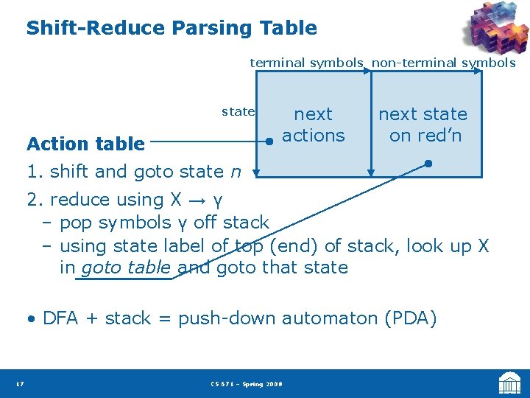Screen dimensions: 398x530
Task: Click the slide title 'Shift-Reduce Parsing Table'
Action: (172, 29)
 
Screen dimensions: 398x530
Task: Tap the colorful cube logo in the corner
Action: (495, 29)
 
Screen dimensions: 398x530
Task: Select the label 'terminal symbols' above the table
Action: (306, 63)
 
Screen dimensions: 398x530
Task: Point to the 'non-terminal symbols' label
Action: (443, 63)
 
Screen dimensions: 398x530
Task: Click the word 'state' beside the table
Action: (238, 112)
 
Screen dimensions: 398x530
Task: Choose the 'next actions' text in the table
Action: (314, 125)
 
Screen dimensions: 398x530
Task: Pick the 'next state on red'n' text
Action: (423, 125)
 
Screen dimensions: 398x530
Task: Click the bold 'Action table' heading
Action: (85, 144)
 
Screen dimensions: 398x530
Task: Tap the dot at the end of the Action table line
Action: (270, 144)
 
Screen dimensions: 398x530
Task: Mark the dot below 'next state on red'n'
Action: (428, 164)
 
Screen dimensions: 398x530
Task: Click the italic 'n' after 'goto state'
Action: (235, 172)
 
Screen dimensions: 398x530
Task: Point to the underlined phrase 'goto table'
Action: (127, 268)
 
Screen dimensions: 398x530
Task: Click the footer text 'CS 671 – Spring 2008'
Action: (246, 384)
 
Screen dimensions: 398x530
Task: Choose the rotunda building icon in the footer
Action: (509, 383)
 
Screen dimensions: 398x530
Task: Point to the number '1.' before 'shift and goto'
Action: (34, 172)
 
